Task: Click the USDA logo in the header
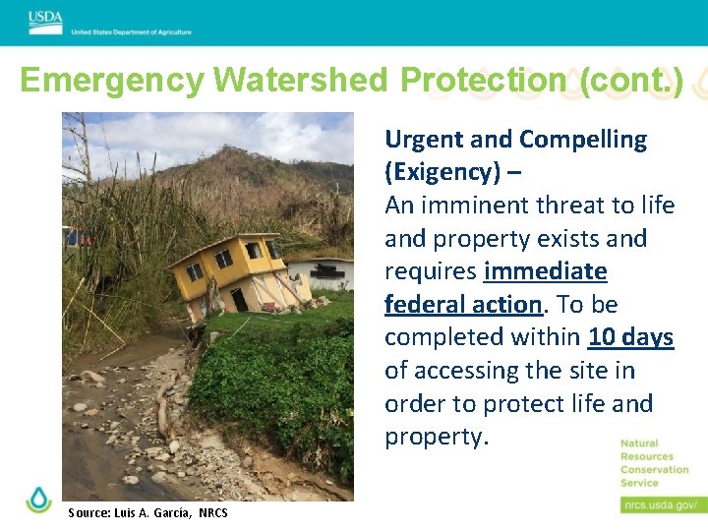(45, 18)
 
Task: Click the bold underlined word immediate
(546, 271)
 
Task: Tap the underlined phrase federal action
(463, 304)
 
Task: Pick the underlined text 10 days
(630, 337)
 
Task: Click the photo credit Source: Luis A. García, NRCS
(147, 512)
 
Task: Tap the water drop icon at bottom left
(38, 500)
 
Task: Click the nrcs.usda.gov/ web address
(660, 504)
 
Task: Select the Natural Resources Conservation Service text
(654, 463)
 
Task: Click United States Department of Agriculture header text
(131, 32)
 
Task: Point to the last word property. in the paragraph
(436, 437)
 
